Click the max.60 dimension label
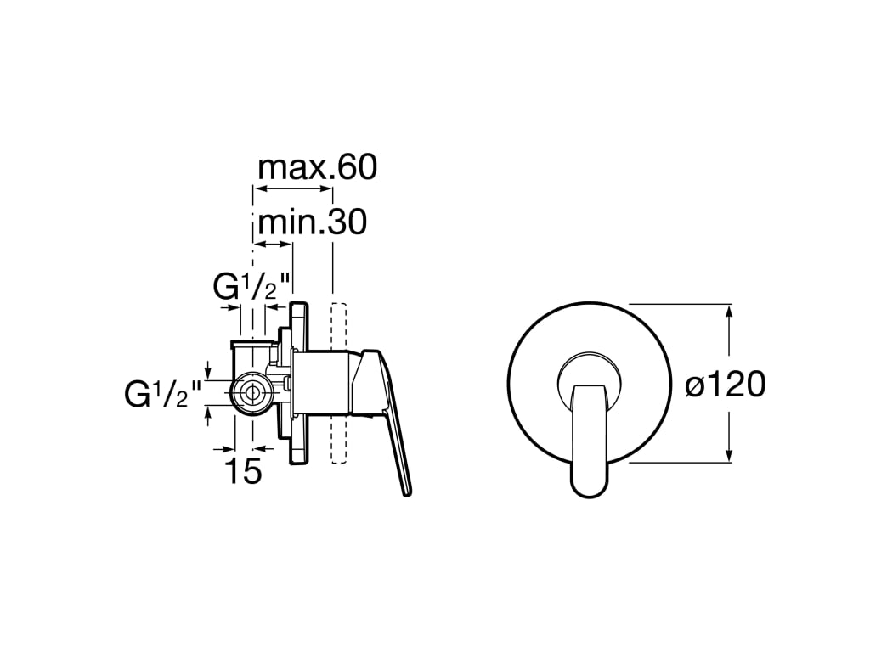pyautogui.click(x=316, y=167)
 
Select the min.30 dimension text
pyautogui.click(x=312, y=222)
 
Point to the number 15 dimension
pyautogui.click(x=244, y=471)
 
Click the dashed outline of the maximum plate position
pyautogui.click(x=337, y=382)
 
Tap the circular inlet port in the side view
pyautogui.click(x=251, y=392)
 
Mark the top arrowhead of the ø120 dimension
pyautogui.click(x=729, y=311)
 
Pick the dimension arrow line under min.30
pyautogui.click(x=274, y=244)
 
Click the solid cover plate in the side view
pyautogui.click(x=299, y=382)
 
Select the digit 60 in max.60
pyautogui.click(x=357, y=167)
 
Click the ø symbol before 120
pyautogui.click(x=696, y=386)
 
